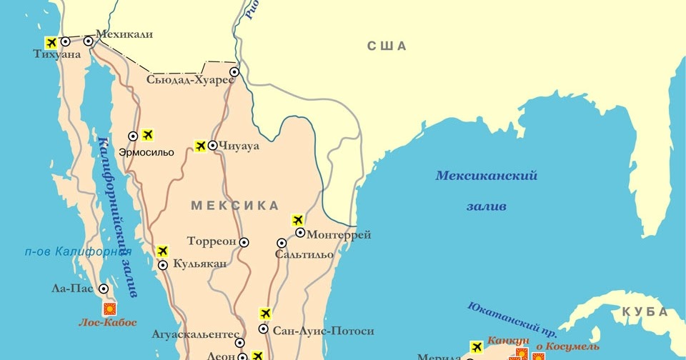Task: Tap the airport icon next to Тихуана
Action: coord(51,41)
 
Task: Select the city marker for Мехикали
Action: coord(89,41)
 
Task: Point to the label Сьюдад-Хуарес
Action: coord(190,80)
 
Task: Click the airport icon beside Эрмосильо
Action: coord(148,134)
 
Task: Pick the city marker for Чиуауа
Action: coord(213,146)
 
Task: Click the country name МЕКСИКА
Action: coord(234,206)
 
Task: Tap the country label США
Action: coord(387,46)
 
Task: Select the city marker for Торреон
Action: coord(244,242)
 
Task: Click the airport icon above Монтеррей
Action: coord(298,220)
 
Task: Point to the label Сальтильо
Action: coord(304,255)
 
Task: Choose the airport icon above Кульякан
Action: coord(162,251)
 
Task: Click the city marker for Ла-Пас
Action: coord(104,289)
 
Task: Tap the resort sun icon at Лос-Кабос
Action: coord(110,309)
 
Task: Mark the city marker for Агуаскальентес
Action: coord(239,343)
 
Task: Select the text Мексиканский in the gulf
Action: coord(487,176)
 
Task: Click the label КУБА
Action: coord(645,311)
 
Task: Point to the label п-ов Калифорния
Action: coord(78,251)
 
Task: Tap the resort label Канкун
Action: coord(509,341)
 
